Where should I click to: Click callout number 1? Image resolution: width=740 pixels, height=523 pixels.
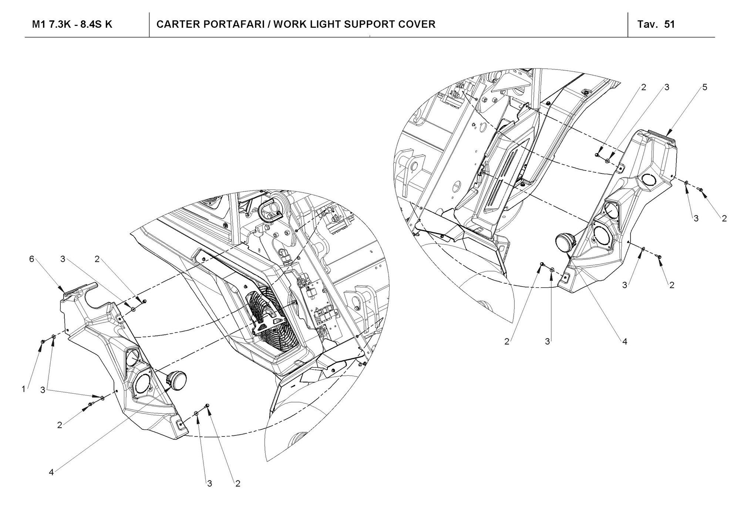24,389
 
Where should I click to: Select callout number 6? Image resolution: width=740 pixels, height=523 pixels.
32,259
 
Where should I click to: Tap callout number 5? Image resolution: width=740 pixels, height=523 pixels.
705,88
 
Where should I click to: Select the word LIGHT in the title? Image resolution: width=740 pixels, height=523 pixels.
327,24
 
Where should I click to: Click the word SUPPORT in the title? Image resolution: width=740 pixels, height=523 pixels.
374,24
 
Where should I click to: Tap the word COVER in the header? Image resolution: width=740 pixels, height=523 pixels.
418,24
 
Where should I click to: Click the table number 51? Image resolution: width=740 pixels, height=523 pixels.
669,24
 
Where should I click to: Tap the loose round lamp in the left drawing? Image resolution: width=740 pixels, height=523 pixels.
176,379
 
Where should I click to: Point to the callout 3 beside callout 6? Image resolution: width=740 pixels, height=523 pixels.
63,259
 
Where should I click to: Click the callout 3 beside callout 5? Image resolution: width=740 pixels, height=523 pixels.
667,88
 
